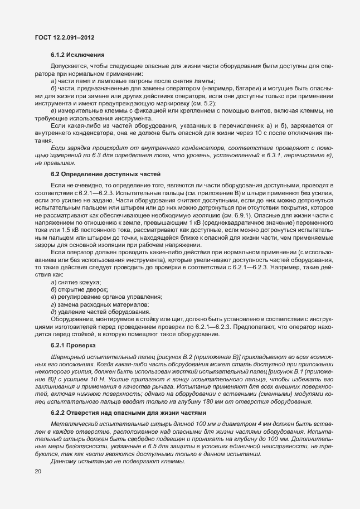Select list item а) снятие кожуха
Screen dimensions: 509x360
coord(72,283)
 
